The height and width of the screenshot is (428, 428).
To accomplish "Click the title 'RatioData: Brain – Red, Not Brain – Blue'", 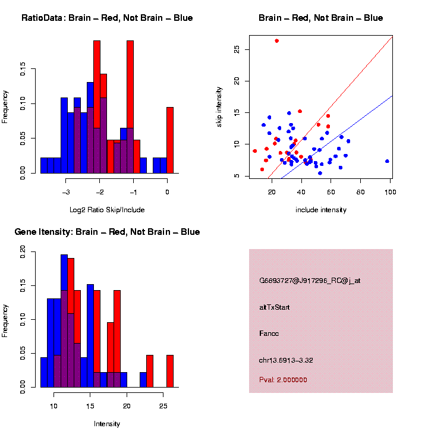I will [107, 18].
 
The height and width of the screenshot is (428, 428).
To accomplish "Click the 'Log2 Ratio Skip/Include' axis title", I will [107, 210].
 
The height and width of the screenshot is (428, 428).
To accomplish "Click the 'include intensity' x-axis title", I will [320, 210].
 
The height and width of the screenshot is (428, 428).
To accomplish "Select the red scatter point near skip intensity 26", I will [276, 41].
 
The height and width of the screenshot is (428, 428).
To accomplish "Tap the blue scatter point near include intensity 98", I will [387, 161].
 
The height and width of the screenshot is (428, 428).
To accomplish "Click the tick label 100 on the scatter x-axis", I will [391, 192].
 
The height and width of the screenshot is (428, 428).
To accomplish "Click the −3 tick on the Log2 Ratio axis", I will [67, 192].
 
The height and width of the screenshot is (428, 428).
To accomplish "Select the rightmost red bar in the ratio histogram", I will [170, 140].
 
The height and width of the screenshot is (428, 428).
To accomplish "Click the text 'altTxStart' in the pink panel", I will [275, 307].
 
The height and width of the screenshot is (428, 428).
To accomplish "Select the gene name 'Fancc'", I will [269, 333].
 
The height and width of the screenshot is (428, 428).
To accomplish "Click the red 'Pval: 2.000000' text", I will [283, 380].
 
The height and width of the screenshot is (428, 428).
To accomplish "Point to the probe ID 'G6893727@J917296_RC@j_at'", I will [309, 281].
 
